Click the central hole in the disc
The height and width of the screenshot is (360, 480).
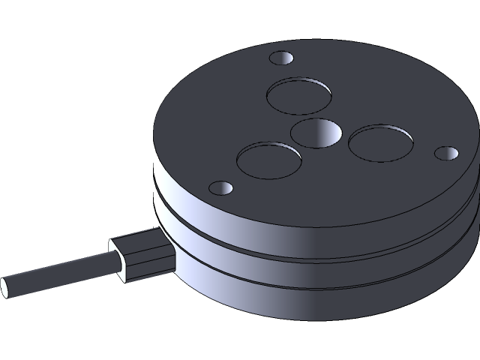tap(315, 133)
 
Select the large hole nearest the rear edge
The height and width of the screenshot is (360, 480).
tap(299, 95)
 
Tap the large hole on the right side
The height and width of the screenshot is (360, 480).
tap(381, 142)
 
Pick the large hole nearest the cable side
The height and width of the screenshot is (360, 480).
tap(268, 160)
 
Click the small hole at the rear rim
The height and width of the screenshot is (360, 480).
tap(283, 58)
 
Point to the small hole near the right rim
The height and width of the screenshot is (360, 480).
tap(446, 153)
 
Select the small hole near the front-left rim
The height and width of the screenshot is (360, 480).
tap(220, 187)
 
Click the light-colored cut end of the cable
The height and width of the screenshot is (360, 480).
tap(5, 287)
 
